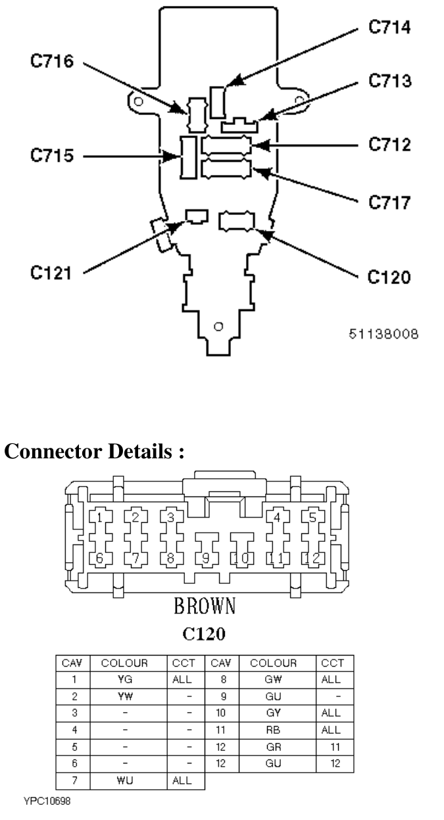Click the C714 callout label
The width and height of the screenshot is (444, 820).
389,27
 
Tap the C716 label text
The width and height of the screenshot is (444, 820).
52,60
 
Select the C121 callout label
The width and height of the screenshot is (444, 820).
51,273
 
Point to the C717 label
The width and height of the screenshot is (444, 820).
389,203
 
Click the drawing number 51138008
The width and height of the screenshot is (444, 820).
383,334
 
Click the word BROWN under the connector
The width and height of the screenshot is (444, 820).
205,606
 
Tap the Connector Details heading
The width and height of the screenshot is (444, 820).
94,450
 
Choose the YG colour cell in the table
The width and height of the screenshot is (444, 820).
125,679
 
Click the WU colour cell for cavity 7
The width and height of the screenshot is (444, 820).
125,781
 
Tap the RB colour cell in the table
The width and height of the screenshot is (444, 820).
274,730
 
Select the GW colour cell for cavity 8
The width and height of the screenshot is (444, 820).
274,679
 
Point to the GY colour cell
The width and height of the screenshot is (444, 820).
274,713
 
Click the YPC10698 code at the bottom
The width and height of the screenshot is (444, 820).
47,801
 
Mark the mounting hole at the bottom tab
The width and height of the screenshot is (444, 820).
218,327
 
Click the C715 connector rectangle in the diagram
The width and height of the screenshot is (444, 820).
189,157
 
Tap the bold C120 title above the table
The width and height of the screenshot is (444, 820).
204,634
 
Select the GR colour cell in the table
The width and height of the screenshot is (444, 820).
274,747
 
